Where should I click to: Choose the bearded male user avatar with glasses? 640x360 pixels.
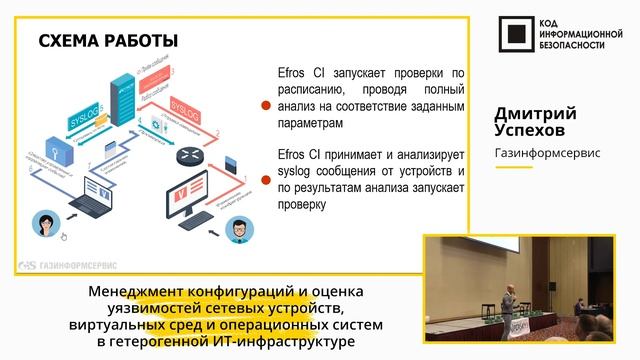click(x=236, y=228)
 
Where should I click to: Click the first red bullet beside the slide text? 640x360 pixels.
click(x=266, y=103)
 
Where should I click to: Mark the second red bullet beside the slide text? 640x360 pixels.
click(x=266, y=180)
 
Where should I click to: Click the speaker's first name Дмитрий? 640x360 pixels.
click(x=535, y=113)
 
